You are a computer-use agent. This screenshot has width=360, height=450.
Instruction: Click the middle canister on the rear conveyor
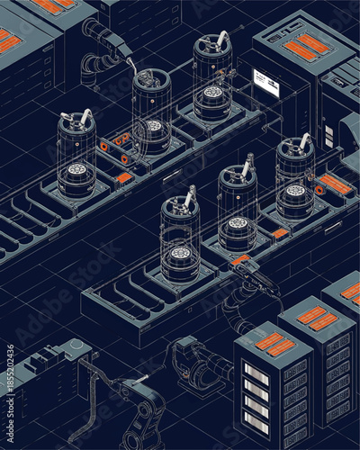[x=151, y=112]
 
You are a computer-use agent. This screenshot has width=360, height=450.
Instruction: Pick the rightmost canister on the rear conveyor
[x=212, y=78]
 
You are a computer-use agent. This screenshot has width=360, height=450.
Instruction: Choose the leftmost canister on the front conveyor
[x=180, y=238]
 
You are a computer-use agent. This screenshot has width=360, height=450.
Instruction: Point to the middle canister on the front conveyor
[x=238, y=207]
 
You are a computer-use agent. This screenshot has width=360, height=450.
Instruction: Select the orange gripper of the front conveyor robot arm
[x=240, y=260]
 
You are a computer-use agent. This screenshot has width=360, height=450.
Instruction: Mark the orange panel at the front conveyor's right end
[x=335, y=184]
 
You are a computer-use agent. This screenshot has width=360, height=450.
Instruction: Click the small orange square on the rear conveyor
[x=124, y=178]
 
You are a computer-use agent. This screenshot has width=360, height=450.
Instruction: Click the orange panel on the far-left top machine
[x=10, y=41]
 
